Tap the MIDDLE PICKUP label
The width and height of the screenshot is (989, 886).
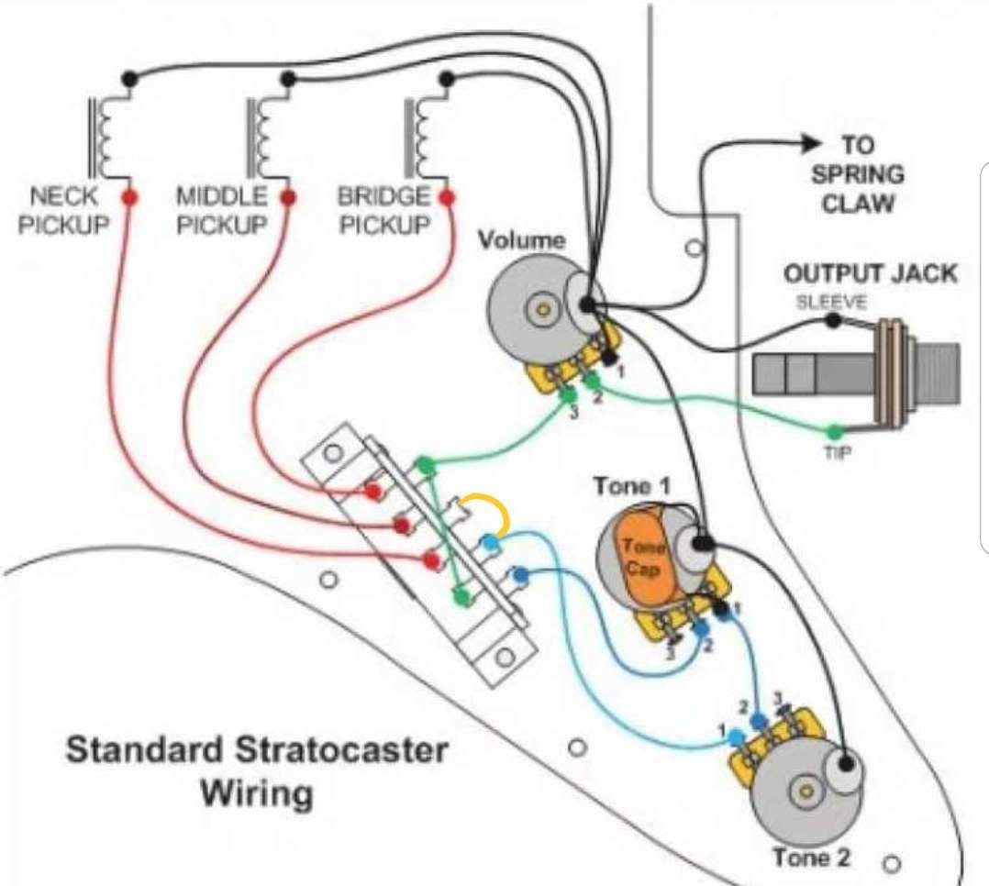click(222, 210)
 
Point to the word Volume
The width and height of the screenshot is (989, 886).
click(522, 241)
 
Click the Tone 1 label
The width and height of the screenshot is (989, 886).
click(633, 487)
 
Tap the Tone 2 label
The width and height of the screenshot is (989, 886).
click(811, 858)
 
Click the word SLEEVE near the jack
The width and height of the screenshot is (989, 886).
click(831, 301)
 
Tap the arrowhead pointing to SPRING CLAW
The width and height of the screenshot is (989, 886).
click(811, 143)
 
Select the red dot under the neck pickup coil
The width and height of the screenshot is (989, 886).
click(129, 197)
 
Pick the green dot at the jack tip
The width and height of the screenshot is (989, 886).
click(834, 431)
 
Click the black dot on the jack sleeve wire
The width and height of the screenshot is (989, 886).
click(832, 321)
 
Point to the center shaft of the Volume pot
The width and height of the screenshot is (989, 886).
click(544, 311)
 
